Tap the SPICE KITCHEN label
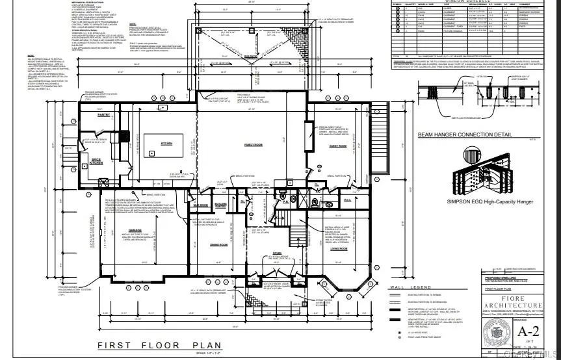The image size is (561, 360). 96,162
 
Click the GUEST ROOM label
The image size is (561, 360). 337,146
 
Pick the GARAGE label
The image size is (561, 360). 135,230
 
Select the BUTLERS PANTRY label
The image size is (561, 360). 220,205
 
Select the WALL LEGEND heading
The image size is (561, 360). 410,287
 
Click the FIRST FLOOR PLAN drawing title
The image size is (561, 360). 159,345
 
